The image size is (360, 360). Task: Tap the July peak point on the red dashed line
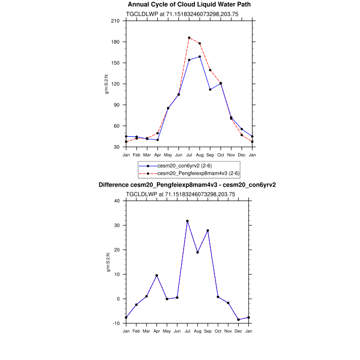(189, 38)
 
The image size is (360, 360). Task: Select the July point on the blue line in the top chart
(189, 60)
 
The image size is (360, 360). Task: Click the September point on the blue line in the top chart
(210, 89)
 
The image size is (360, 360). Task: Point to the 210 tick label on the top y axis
(115, 21)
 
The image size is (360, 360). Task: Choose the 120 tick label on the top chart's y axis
(115, 84)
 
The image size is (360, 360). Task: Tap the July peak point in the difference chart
(187, 221)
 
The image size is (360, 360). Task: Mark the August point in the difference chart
(197, 253)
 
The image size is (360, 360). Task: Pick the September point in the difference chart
(208, 230)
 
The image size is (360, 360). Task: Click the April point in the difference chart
(156, 276)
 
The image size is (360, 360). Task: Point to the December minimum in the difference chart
(238, 319)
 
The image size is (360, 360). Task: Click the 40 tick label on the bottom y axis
(116, 201)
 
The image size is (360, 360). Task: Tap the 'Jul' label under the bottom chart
(187, 331)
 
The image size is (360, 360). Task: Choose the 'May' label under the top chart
(168, 154)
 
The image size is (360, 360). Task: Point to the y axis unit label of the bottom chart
(107, 262)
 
